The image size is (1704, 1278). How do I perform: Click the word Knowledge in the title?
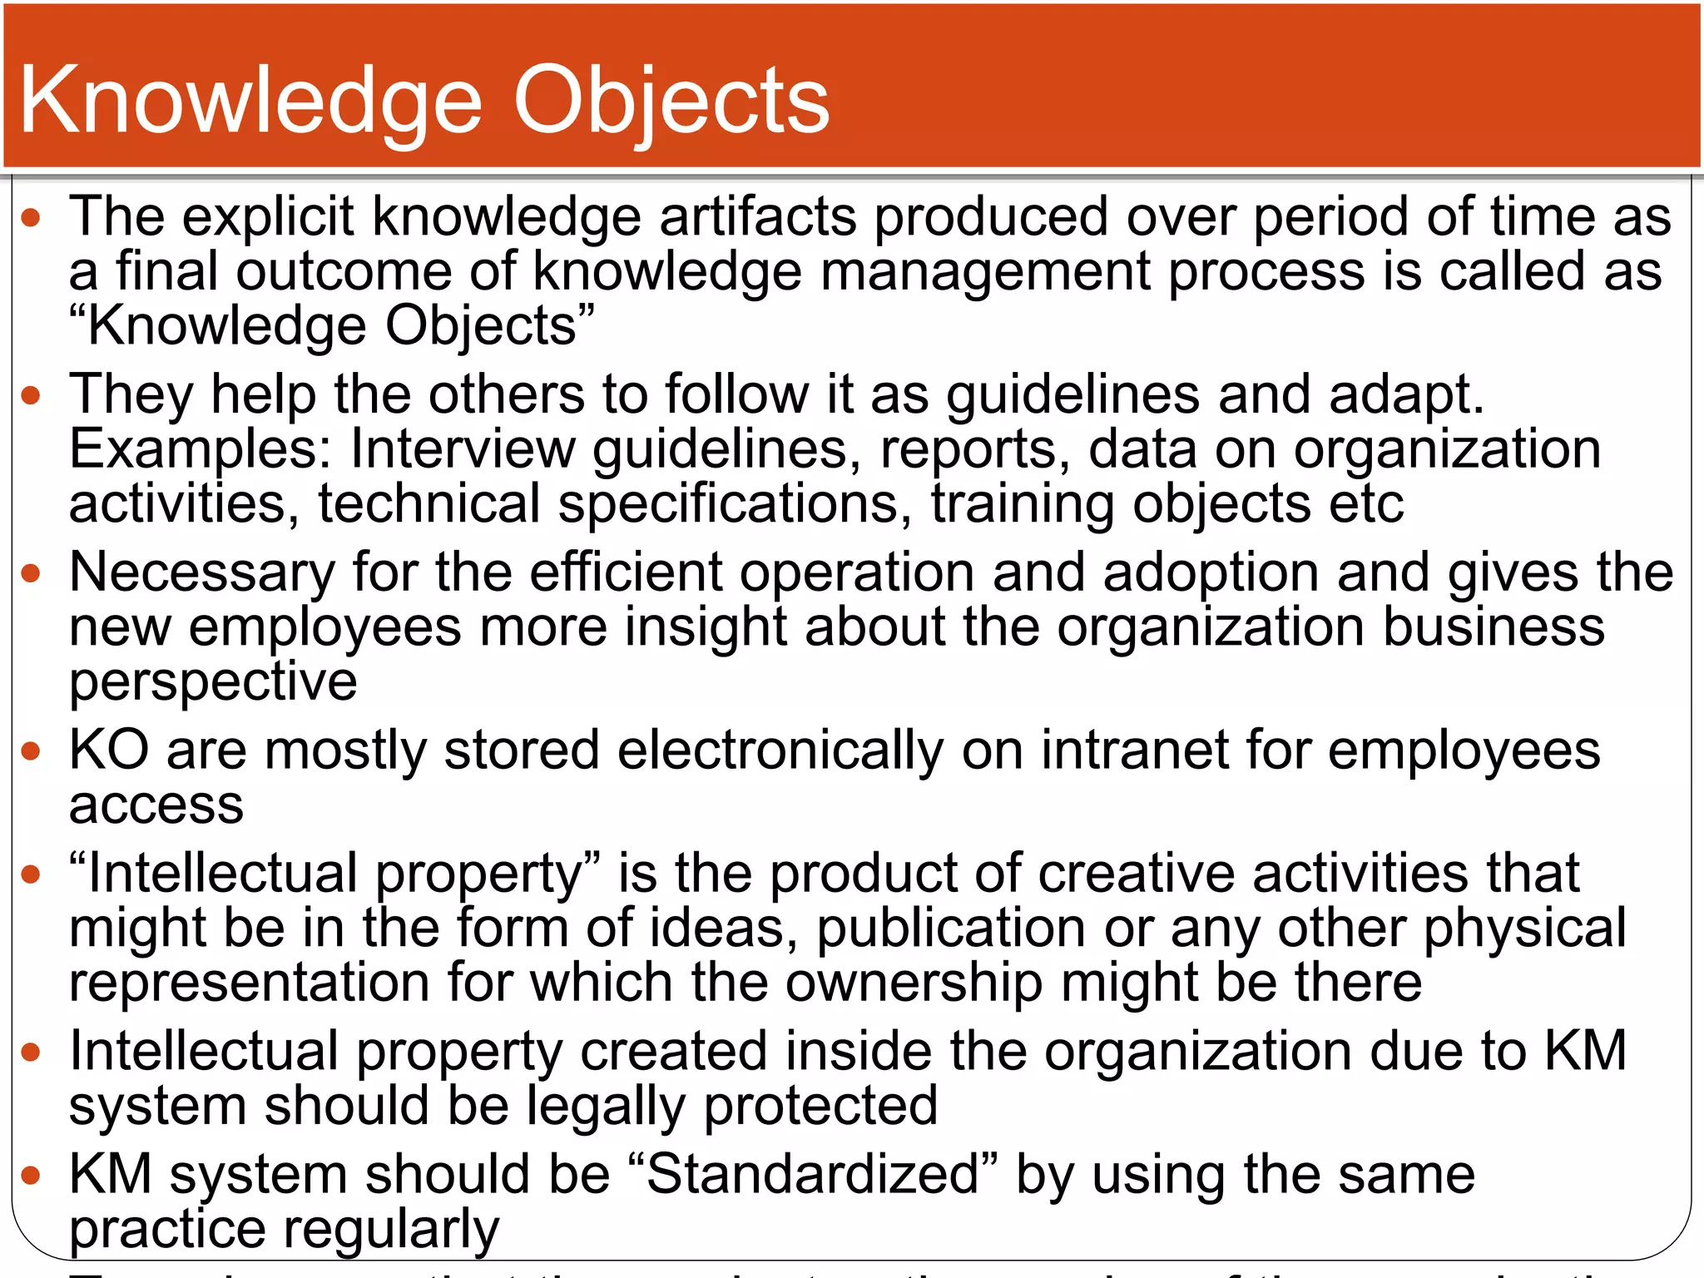[x=250, y=102]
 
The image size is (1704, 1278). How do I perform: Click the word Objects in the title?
[x=671, y=102]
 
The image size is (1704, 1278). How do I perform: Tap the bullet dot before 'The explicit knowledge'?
[x=31, y=219]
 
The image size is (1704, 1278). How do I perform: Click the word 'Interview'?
[x=463, y=450]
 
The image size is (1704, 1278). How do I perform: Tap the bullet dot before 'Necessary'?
[x=31, y=573]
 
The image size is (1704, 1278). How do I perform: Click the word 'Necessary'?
[x=202, y=573]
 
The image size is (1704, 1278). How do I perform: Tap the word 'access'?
[x=156, y=805]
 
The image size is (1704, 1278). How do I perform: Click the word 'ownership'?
[x=914, y=983]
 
